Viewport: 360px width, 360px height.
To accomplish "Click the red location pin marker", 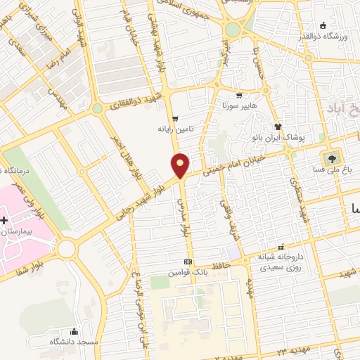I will [x=180, y=165].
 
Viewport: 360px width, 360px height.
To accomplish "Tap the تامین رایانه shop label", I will [x=175, y=129].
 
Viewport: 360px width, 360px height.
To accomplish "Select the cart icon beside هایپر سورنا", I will [x=240, y=96].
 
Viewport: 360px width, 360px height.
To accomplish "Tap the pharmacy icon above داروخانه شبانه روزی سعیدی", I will [x=281, y=247].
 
